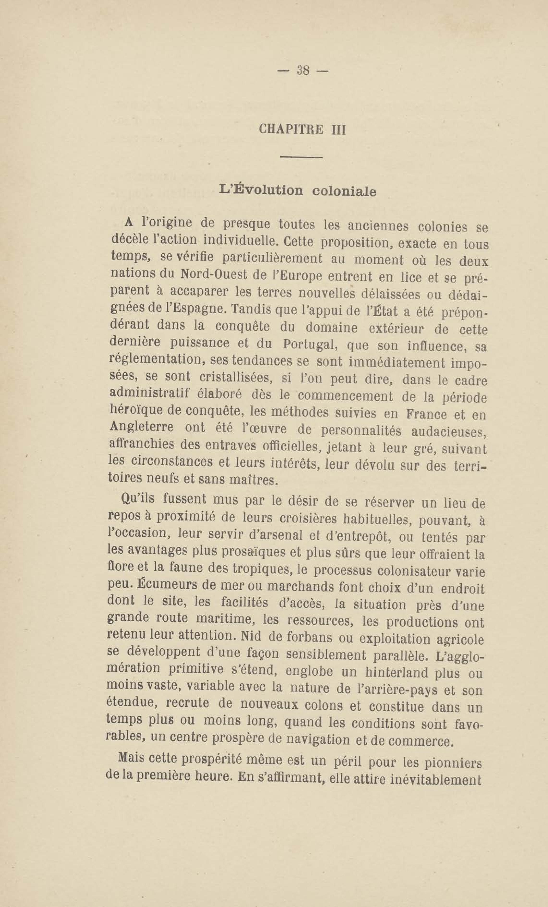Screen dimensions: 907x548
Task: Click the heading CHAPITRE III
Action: [302, 130]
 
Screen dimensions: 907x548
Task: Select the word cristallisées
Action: [236, 378]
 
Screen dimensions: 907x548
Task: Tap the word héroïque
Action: [137, 410]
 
